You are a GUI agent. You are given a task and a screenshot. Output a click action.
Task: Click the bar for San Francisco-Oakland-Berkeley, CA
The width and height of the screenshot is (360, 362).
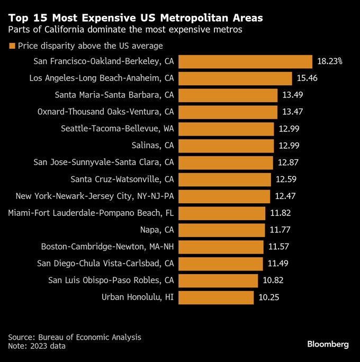point(245,61)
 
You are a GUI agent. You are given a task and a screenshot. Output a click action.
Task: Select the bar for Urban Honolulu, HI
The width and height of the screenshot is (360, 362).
point(216,297)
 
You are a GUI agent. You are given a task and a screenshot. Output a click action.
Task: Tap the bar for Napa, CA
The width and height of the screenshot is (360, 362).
point(221,230)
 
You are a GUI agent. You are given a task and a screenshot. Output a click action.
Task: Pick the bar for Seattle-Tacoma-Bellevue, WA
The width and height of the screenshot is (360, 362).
point(226,129)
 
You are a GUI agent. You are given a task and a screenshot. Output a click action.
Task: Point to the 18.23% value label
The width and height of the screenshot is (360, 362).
point(330,61)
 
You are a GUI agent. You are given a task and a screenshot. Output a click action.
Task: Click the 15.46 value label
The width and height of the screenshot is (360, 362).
point(307,78)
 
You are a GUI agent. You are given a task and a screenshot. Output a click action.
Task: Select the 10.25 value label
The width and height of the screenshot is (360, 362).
point(268,297)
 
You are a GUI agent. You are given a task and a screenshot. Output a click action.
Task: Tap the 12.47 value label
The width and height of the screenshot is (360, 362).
point(285,196)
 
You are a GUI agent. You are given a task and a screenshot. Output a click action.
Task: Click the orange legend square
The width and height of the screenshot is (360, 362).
point(12,46)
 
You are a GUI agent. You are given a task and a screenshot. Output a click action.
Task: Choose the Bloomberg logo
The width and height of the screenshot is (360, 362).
point(328,345)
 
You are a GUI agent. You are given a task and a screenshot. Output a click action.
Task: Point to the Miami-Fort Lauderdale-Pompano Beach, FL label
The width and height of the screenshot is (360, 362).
point(91,213)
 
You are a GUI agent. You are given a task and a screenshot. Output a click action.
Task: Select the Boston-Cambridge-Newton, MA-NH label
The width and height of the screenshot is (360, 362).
point(107,247)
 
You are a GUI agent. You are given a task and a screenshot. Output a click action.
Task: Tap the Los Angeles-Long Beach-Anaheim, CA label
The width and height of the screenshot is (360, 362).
point(102,78)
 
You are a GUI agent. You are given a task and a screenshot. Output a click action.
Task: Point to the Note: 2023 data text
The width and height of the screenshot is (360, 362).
point(37,346)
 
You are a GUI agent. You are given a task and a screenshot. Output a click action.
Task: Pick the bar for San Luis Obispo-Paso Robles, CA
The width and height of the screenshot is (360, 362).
point(218,280)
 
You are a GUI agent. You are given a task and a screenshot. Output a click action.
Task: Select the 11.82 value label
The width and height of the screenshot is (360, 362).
point(280,213)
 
